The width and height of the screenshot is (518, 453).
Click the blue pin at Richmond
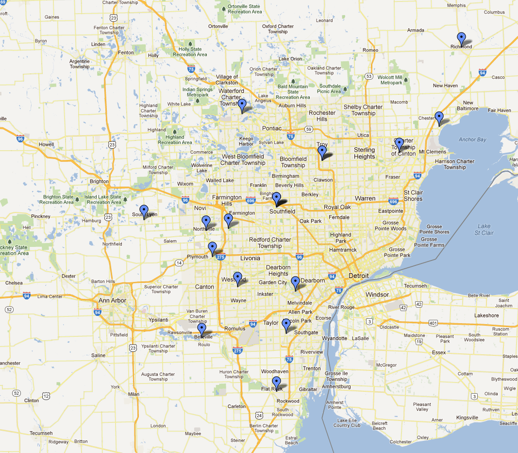461,38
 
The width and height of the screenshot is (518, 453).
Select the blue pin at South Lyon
144,211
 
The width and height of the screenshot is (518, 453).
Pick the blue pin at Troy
322,152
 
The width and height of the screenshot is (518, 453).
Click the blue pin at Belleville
201,330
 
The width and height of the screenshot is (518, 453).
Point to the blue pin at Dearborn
295,282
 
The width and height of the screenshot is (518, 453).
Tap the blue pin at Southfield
276,198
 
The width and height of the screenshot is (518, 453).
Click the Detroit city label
358,276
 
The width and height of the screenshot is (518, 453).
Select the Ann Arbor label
112,300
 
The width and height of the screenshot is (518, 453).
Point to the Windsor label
377,295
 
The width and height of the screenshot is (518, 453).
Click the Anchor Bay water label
472,139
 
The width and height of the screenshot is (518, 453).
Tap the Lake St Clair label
484,229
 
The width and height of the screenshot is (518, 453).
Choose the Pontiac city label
270,128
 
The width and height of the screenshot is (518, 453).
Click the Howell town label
46,144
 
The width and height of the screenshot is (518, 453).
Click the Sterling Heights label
364,153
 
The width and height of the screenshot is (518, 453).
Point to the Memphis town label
456,5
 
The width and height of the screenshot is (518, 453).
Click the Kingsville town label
467,418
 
